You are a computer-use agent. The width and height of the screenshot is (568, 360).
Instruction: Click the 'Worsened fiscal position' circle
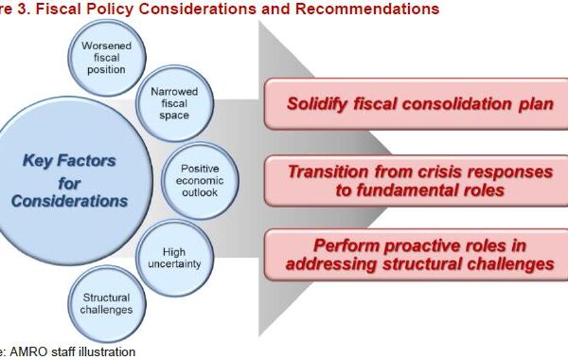click(x=107, y=58)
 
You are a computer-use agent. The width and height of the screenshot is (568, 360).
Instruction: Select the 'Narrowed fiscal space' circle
click(x=174, y=103)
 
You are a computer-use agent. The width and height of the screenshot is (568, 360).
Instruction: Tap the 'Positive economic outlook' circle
click(x=200, y=181)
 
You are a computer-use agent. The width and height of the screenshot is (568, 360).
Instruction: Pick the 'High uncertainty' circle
click(x=174, y=258)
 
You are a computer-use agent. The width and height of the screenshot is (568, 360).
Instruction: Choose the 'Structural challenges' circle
click(x=107, y=304)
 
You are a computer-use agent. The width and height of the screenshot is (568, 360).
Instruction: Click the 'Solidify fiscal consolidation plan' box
click(x=417, y=104)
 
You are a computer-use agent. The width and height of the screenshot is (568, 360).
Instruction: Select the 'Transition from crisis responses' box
click(x=417, y=181)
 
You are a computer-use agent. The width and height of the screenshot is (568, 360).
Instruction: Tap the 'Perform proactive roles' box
click(x=417, y=255)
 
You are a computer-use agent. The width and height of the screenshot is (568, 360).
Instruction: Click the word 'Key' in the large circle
click(x=38, y=161)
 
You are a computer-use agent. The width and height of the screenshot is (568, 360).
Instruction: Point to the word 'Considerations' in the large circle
click(x=69, y=201)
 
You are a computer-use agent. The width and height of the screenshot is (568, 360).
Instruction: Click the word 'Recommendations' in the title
click(x=367, y=9)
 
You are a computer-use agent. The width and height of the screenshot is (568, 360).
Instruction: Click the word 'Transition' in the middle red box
click(x=328, y=171)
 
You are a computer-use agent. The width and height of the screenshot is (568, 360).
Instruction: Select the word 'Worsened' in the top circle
click(x=106, y=46)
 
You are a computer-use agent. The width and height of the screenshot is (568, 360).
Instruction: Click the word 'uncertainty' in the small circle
click(x=174, y=264)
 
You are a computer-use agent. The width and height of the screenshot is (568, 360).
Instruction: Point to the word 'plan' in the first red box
click(x=536, y=105)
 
